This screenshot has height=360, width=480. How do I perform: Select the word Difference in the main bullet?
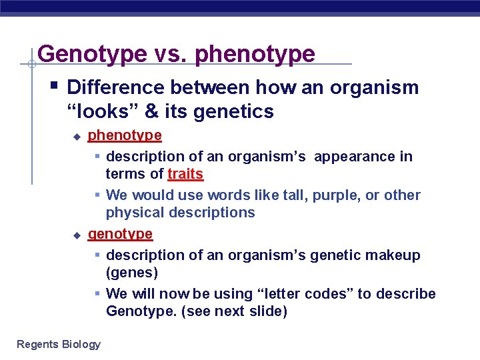click(x=116, y=87)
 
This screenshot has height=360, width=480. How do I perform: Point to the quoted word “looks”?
click(x=97, y=111)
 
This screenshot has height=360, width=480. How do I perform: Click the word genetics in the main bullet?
click(x=233, y=111)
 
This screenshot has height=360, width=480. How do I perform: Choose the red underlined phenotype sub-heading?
click(x=125, y=135)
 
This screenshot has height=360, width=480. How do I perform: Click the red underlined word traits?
click(x=185, y=174)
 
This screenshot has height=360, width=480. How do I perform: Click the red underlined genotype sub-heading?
click(x=120, y=234)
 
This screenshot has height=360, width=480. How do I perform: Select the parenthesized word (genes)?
click(x=131, y=273)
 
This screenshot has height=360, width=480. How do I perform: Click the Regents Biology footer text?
click(x=59, y=344)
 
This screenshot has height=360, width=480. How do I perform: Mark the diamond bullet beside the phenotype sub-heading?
click(x=77, y=137)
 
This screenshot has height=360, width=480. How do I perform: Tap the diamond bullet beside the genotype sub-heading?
click(x=77, y=235)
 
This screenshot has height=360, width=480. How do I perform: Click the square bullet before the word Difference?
click(x=54, y=85)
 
